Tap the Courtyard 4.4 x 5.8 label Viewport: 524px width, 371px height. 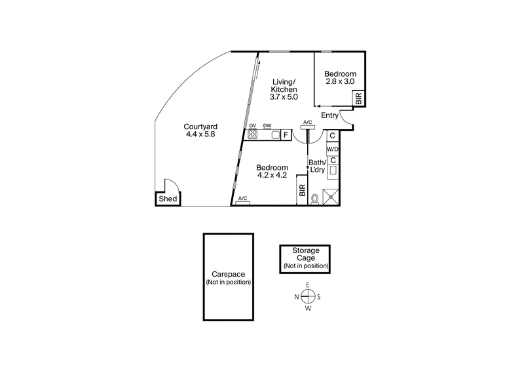pos(200,130)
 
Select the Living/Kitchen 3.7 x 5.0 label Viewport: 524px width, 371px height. pos(284,88)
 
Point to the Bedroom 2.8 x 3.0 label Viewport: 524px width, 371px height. pos(340,77)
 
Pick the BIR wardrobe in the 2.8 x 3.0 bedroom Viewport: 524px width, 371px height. pos(358,99)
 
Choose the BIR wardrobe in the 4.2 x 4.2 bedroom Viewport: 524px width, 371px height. pos(302,190)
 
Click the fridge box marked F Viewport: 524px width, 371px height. pos(286,135)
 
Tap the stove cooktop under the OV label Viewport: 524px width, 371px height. pos(252,135)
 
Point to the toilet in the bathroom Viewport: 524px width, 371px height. pos(316,197)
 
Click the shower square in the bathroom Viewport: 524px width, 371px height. pos(332,195)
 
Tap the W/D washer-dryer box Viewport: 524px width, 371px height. pos(333,148)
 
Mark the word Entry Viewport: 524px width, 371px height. pos(329,116)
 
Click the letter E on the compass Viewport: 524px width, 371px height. pos(307,285)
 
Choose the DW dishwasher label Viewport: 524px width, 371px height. pos(267,126)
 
